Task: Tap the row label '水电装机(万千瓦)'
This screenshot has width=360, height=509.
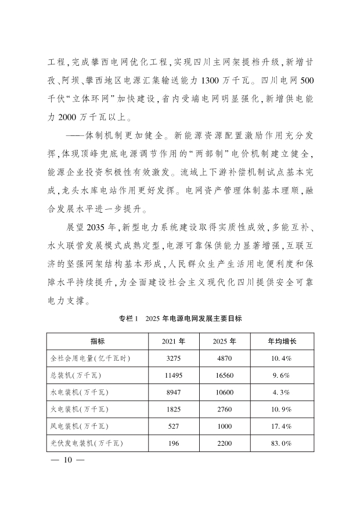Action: point(80,393)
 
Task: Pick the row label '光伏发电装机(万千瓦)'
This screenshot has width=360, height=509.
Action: point(87,445)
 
